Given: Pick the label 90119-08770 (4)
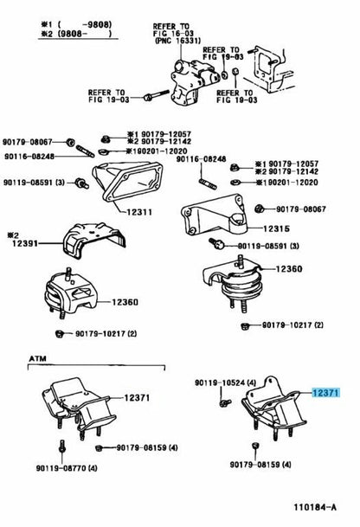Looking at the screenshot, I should [x=62, y=468].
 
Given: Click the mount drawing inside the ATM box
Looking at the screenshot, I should [x=74, y=402].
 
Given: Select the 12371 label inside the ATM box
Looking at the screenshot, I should [x=137, y=398].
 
